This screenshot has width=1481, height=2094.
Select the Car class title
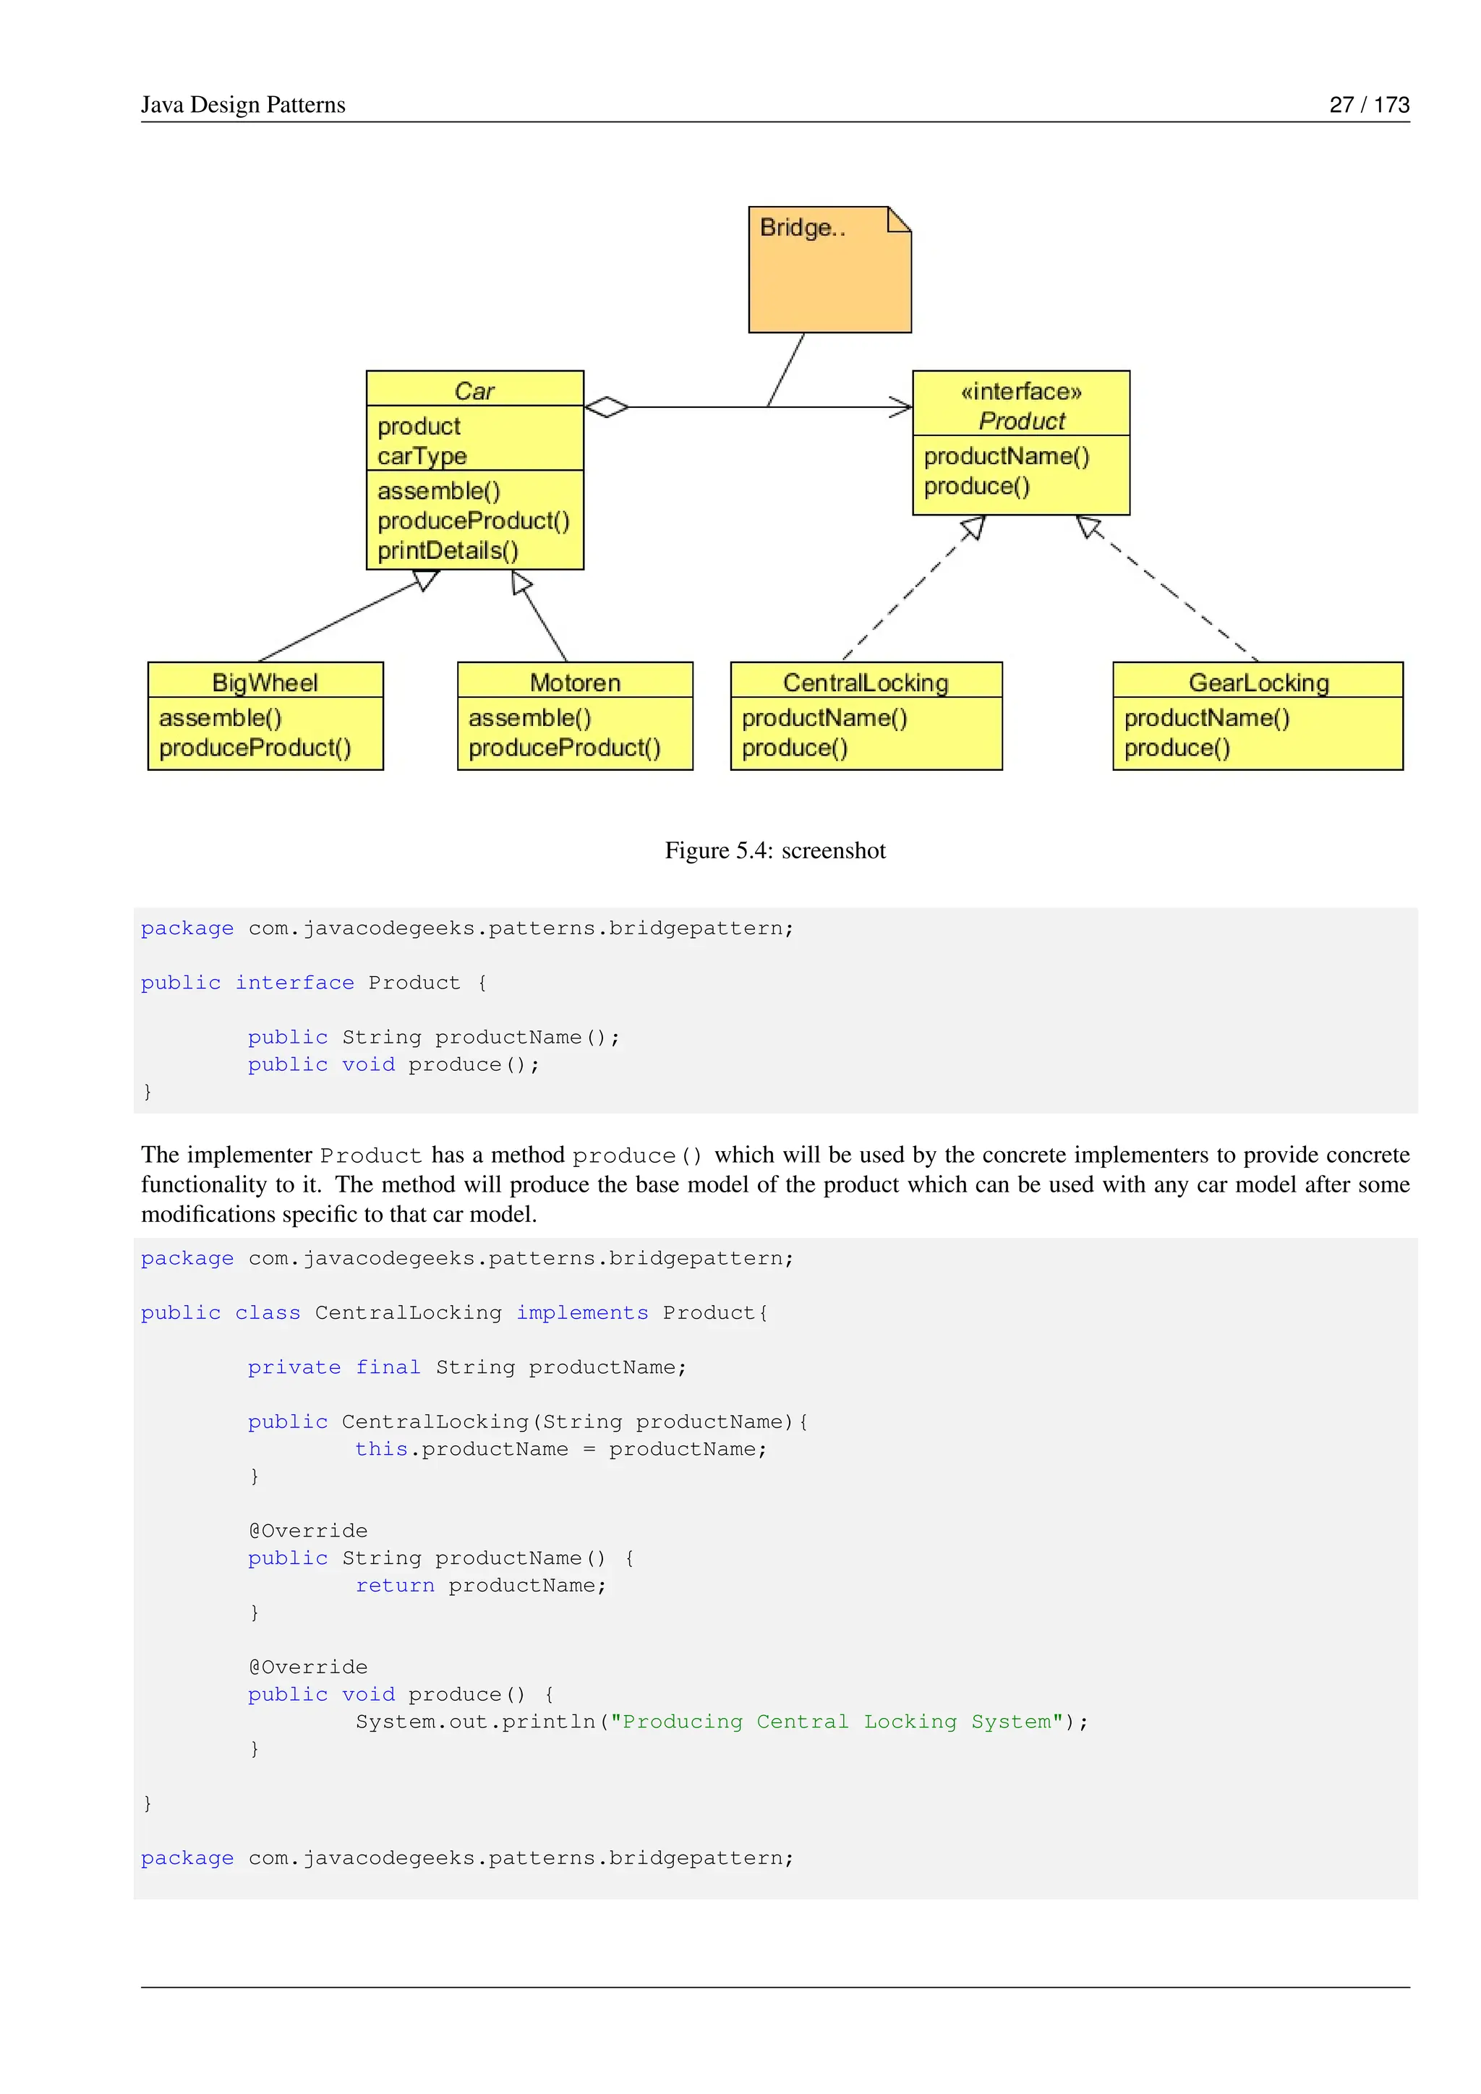[474, 391]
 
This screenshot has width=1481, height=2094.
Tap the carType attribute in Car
[422, 456]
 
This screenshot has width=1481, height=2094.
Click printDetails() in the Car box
[448, 551]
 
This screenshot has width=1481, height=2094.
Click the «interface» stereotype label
[1020, 392]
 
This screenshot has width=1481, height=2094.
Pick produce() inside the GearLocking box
[1177, 748]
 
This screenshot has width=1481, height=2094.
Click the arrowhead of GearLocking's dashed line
[1088, 526]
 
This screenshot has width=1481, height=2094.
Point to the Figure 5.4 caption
[774, 850]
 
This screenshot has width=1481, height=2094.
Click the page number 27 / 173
[1369, 105]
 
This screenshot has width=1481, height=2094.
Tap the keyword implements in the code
[582, 1312]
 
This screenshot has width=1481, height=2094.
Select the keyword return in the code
[394, 1585]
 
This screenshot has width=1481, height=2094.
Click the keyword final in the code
[388, 1367]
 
